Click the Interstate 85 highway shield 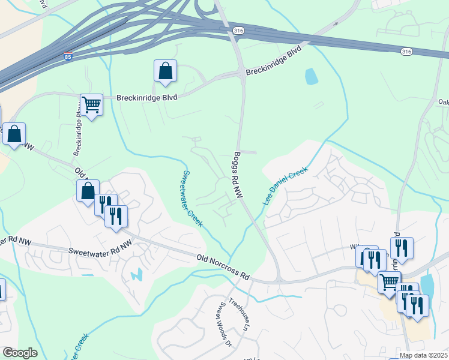click(x=68, y=56)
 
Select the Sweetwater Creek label click(x=192, y=199)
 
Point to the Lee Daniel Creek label click(x=285, y=185)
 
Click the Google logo click(x=20, y=353)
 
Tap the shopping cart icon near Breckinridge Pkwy click(x=92, y=105)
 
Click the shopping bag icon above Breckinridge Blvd click(x=165, y=71)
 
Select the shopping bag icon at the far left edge click(x=14, y=134)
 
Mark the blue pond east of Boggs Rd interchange click(x=311, y=76)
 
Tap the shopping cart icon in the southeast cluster click(x=390, y=281)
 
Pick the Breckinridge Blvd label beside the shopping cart click(x=146, y=97)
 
